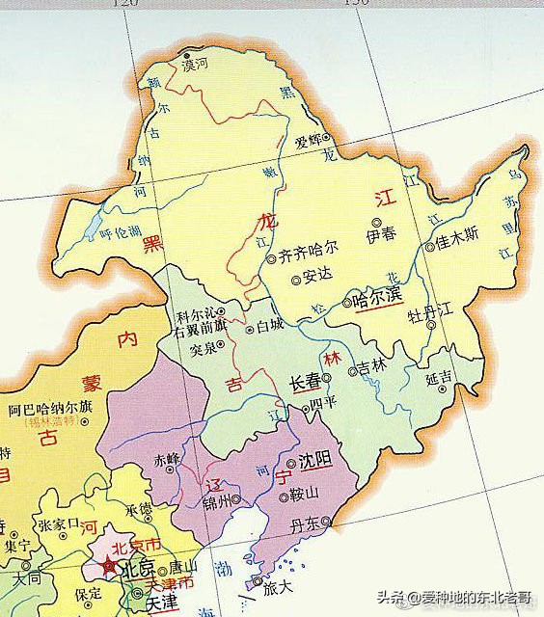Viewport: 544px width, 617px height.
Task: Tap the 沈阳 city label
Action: click(315, 459)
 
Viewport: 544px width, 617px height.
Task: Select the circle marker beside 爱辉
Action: click(326, 139)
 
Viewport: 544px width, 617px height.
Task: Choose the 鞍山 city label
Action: click(302, 497)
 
